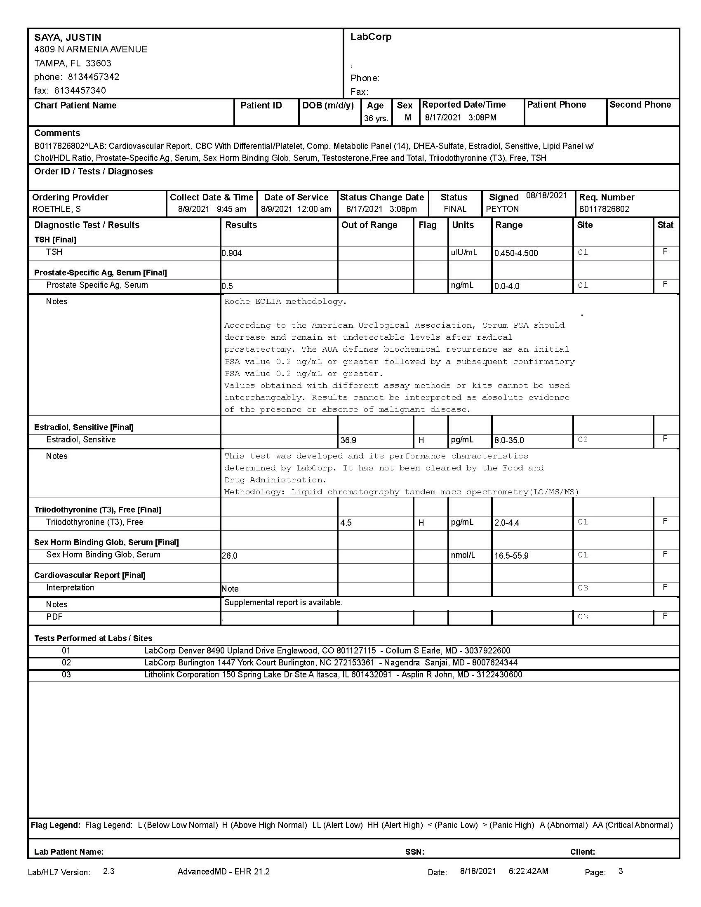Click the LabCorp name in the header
[x=370, y=37]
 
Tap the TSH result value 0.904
[x=232, y=253]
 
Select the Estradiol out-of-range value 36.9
[x=348, y=440]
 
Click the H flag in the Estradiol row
[x=421, y=440]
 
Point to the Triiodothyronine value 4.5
[x=346, y=523]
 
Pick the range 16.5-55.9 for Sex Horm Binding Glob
[x=511, y=556]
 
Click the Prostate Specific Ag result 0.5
[x=227, y=286]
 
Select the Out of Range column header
[x=369, y=225]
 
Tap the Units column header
[x=463, y=225]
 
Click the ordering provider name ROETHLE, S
[x=56, y=209]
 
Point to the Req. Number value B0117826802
[x=604, y=209]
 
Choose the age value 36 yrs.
[x=376, y=118]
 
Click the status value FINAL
[x=455, y=209]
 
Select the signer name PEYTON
[x=502, y=209]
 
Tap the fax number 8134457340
[x=80, y=91]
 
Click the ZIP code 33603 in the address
[x=99, y=63]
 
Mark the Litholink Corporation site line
[x=333, y=675]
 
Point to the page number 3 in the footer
[x=621, y=871]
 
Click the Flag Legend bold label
[x=56, y=825]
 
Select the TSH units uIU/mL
[x=464, y=252]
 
